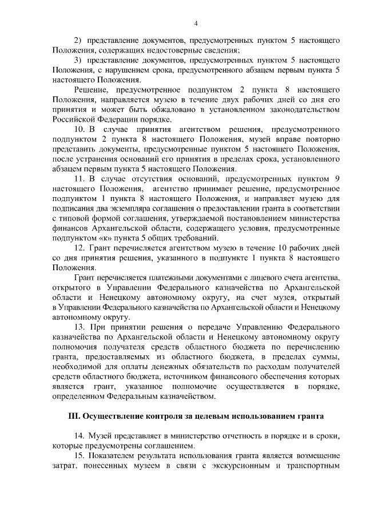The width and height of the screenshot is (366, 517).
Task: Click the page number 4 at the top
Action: tap(196, 23)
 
